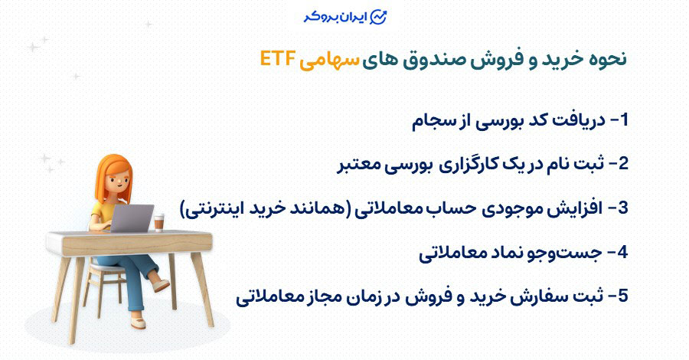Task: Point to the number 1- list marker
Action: click(618, 120)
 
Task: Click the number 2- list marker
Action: click(618, 164)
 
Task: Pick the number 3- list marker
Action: click(618, 208)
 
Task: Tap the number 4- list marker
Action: click(618, 252)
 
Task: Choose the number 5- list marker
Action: click(618, 296)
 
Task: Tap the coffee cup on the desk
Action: click(158, 222)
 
